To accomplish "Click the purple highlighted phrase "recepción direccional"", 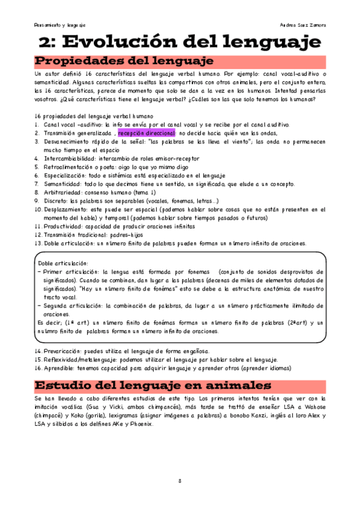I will click(147, 132).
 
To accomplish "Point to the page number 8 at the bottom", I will click(180, 481).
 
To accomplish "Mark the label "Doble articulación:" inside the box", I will click(63, 263).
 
